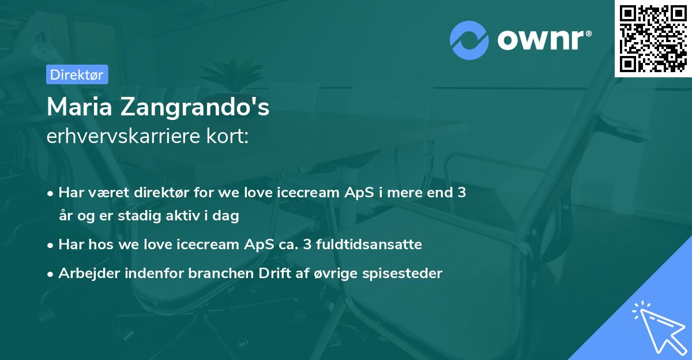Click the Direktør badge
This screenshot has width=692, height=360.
click(77, 74)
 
